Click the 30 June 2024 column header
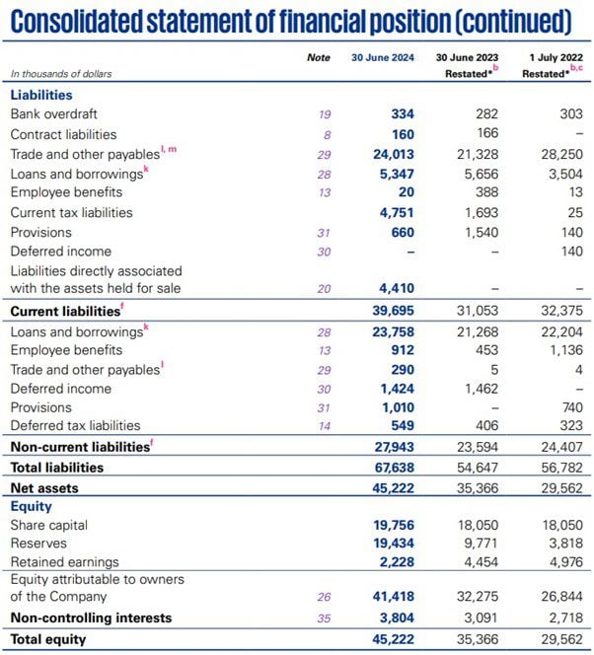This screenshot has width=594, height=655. pyautogui.click(x=383, y=58)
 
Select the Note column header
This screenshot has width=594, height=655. pyautogui.click(x=319, y=58)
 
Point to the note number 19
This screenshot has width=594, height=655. pyautogui.click(x=324, y=114)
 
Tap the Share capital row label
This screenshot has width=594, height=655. pyautogui.click(x=48, y=526)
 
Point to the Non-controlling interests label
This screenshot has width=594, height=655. pyautogui.click(x=91, y=618)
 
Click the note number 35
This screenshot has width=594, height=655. pyautogui.click(x=324, y=618)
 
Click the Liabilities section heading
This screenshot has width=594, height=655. pyautogui.click(x=41, y=95)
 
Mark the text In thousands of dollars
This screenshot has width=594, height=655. pyautogui.click(x=61, y=74)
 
